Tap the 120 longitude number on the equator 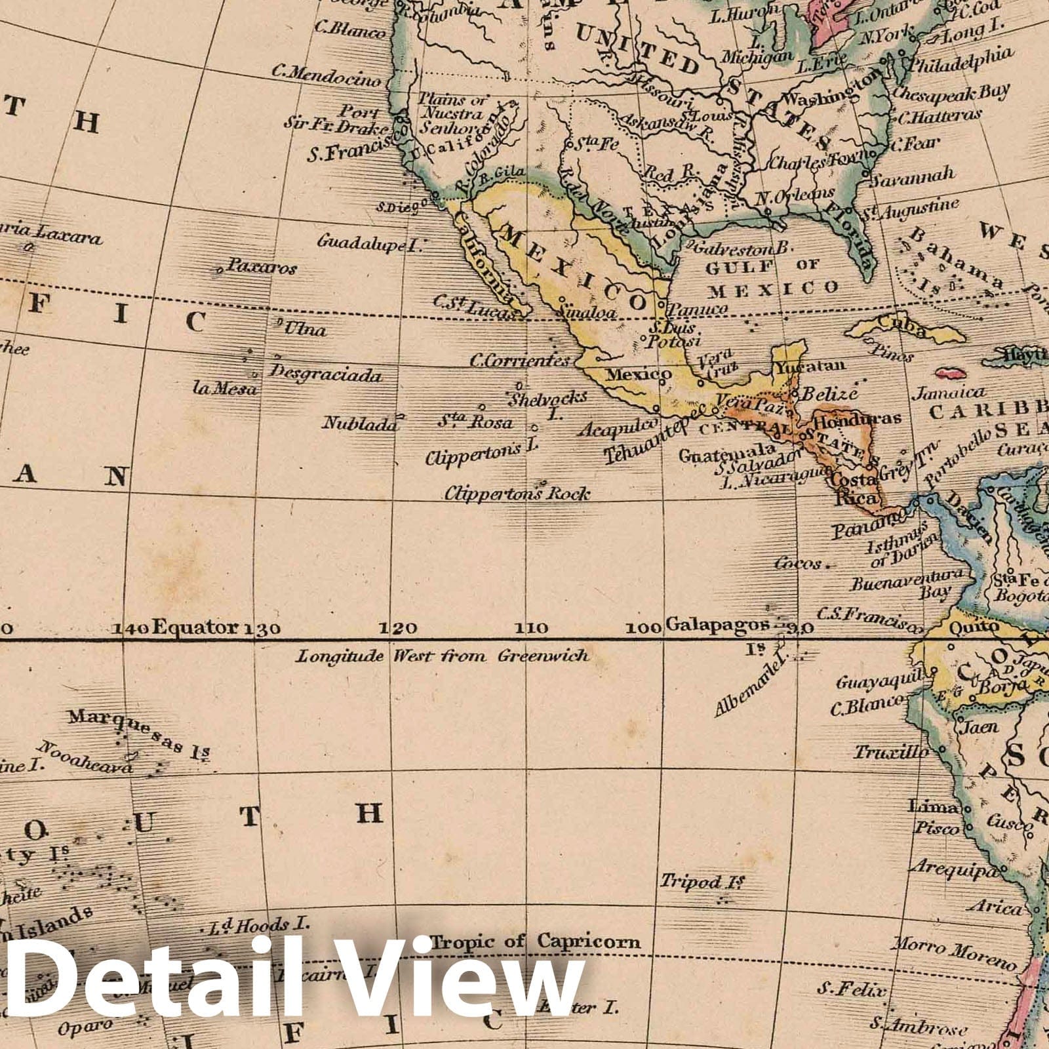pyautogui.click(x=399, y=629)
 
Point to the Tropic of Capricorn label pyautogui.click(x=536, y=941)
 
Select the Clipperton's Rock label pyautogui.click(x=517, y=493)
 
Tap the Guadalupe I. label pyautogui.click(x=370, y=244)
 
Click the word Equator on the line pyautogui.click(x=195, y=627)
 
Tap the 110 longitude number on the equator pyautogui.click(x=530, y=629)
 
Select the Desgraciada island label pyautogui.click(x=326, y=374)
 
